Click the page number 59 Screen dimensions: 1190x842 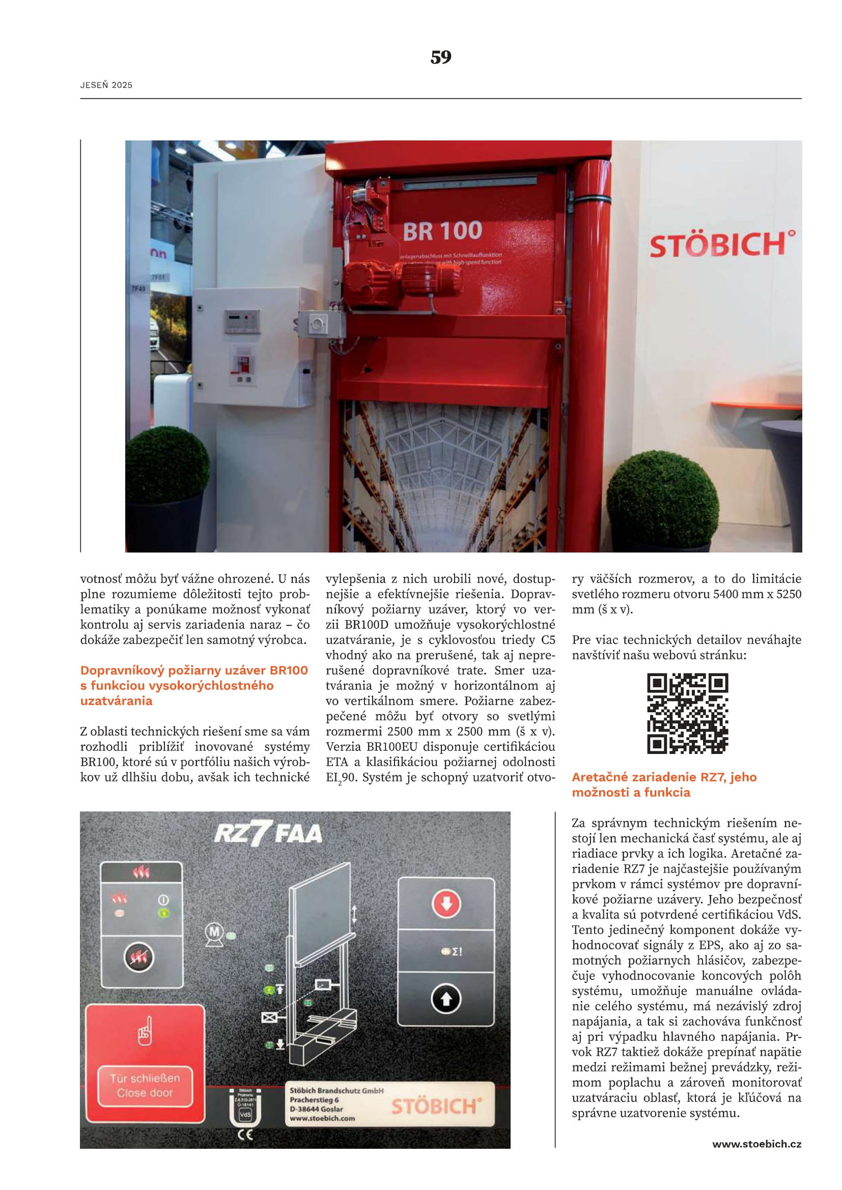[x=441, y=57]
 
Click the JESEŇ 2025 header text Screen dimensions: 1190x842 [x=106, y=85]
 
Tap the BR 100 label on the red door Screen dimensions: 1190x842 [x=442, y=231]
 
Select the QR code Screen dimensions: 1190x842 [x=687, y=713]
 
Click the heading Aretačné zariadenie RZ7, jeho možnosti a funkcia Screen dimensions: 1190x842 [x=664, y=784]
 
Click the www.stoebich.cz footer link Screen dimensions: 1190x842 [x=756, y=1144]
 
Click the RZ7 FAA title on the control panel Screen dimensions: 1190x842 [x=268, y=834]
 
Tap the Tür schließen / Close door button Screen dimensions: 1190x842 [x=145, y=1085]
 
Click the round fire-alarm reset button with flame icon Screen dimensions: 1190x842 [x=139, y=957]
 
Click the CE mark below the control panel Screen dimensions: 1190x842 [x=245, y=1135]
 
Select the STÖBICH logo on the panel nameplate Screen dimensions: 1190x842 [x=436, y=1107]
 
